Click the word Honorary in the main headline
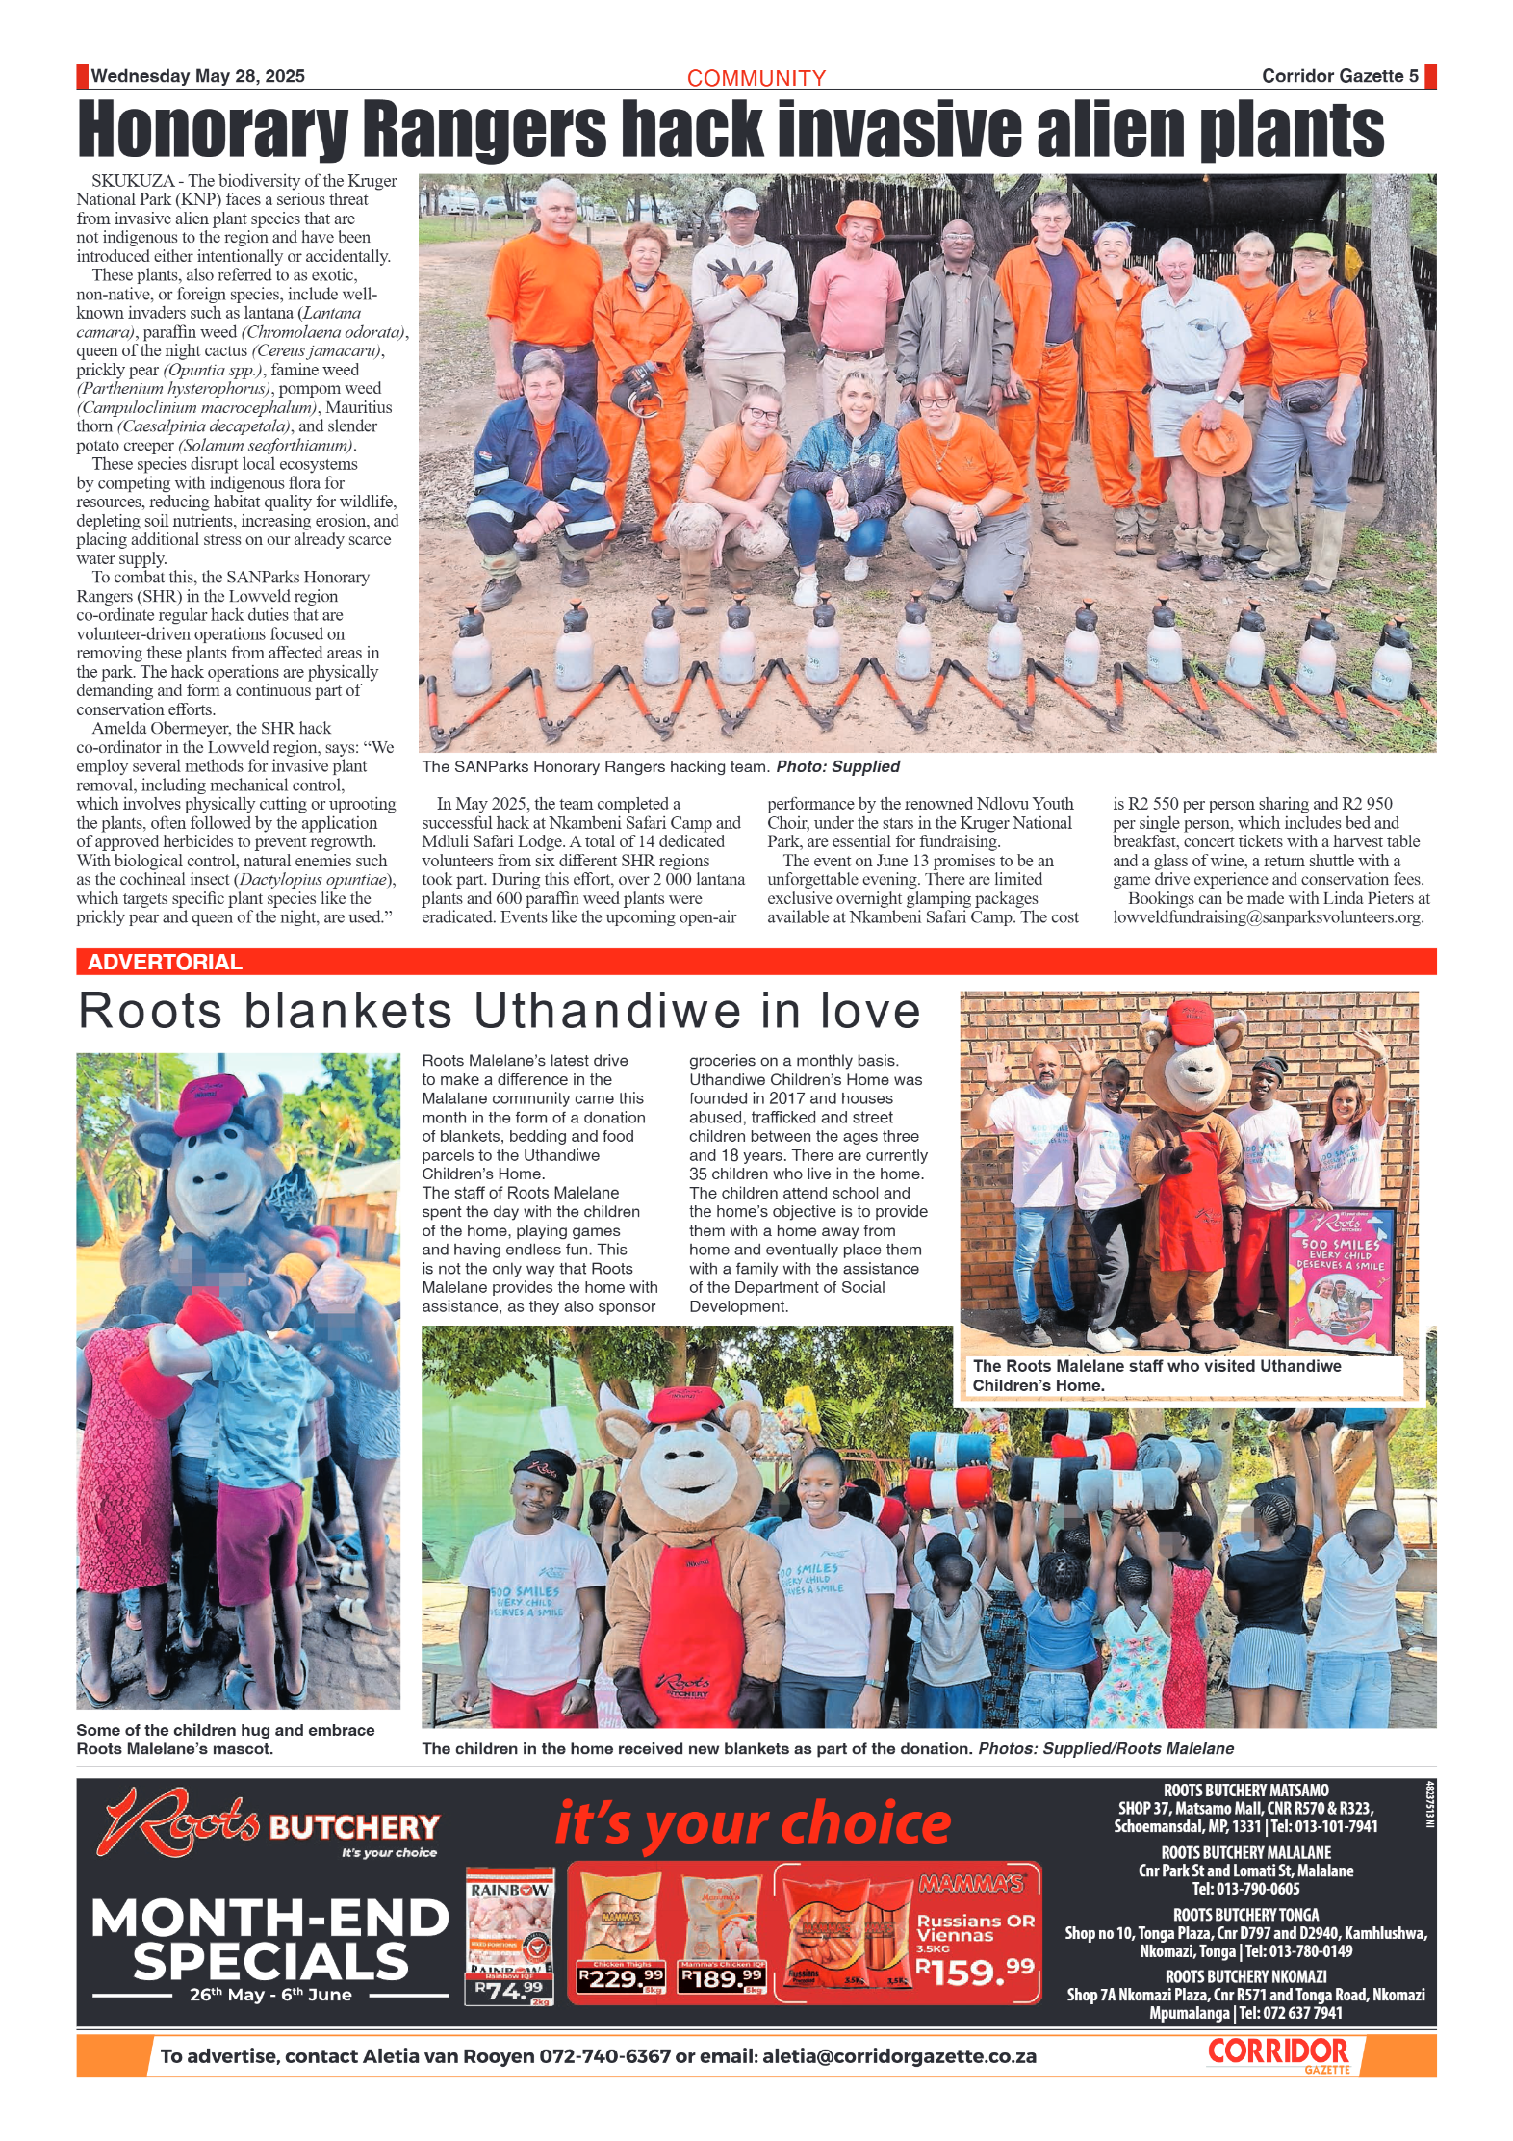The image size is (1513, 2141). pos(212,130)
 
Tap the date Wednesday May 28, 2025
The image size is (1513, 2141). pos(198,76)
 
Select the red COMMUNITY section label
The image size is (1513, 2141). pos(756,78)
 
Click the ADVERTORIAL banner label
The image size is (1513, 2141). pos(165,962)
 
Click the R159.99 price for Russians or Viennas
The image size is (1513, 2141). pos(974,1972)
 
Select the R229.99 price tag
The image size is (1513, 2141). pos(621,1979)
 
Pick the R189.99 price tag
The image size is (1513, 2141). pos(722,1979)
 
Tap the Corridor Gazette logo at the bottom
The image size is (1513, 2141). pos(1279,2053)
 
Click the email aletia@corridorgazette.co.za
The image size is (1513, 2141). pos(899,2056)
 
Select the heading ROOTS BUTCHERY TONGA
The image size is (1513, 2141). pos(1245,1915)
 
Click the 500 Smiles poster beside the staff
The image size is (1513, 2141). pos(1341,1280)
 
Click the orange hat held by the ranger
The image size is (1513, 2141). pos(1216,443)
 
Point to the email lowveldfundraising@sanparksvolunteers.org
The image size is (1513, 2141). pos(1267,916)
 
